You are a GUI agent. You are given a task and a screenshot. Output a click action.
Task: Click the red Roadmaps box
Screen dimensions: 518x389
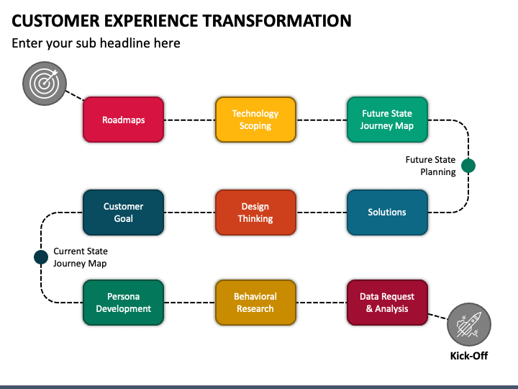[123, 120]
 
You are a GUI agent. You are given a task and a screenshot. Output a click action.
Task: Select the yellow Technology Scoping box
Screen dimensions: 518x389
[255, 120]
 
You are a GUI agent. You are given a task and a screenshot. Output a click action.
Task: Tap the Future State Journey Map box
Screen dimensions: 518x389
[387, 120]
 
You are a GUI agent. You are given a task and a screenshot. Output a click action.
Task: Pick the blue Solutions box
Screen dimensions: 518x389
[387, 213]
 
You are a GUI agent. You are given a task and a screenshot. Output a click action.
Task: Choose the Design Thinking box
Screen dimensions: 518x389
[255, 213]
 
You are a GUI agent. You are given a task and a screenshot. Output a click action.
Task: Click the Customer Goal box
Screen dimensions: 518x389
[123, 213]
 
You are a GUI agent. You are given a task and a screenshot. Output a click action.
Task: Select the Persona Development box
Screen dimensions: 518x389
[123, 303]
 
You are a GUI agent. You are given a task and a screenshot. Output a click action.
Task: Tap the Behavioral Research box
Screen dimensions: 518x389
[255, 303]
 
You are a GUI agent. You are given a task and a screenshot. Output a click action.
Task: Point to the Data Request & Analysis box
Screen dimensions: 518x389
[387, 303]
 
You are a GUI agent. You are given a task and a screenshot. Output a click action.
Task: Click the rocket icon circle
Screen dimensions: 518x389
[469, 325]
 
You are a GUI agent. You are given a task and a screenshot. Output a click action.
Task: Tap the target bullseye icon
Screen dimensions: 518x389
[45, 84]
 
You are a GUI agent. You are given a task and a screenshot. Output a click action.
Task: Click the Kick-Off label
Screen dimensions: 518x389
[469, 356]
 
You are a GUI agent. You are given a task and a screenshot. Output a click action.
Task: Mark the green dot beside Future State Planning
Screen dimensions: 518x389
[468, 166]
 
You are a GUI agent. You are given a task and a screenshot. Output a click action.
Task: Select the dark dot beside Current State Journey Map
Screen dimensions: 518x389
[41, 257]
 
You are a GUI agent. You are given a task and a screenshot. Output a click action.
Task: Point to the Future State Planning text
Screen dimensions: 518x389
[430, 166]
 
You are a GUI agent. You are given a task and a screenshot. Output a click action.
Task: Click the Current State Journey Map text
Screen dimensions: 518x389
[81, 257]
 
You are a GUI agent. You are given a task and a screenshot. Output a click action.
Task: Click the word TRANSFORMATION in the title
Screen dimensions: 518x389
[277, 20]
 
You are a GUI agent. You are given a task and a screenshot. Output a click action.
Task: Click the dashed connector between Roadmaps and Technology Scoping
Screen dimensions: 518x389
[190, 120]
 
